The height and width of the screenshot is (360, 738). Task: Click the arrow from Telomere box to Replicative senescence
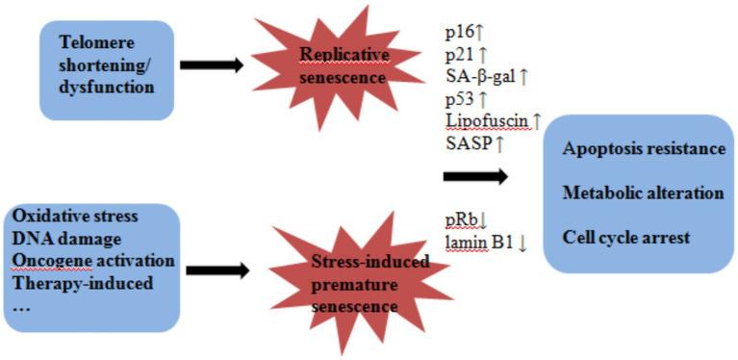point(211,64)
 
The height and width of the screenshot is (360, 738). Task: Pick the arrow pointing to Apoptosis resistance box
point(475,176)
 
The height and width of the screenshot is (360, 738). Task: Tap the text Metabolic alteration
point(644,193)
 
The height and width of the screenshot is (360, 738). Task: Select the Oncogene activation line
point(94,261)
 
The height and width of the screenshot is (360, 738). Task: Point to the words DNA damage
point(64,238)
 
